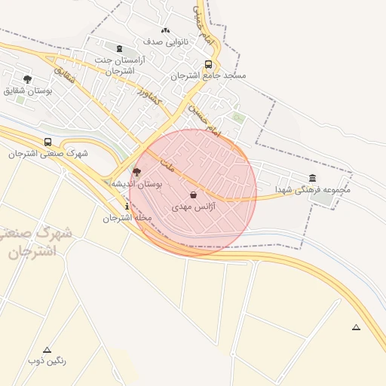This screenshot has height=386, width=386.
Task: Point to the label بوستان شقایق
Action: pyautogui.click(x=27, y=90)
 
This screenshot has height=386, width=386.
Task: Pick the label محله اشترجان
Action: pyautogui.click(x=127, y=218)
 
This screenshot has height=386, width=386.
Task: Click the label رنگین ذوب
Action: pyautogui.click(x=47, y=361)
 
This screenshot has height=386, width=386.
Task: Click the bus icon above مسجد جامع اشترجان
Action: pyautogui.click(x=208, y=64)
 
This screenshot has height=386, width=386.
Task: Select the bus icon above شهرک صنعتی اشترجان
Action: pyautogui.click(x=48, y=142)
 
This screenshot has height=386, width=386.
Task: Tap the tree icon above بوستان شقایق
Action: pyautogui.click(x=27, y=79)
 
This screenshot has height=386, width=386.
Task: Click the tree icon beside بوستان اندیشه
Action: pyautogui.click(x=136, y=172)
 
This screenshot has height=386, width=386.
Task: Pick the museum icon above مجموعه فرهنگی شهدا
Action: pyautogui.click(x=312, y=178)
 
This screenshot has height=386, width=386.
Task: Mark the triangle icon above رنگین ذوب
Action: pyautogui.click(x=47, y=350)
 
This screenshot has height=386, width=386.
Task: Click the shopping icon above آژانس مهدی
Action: pyautogui.click(x=194, y=195)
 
